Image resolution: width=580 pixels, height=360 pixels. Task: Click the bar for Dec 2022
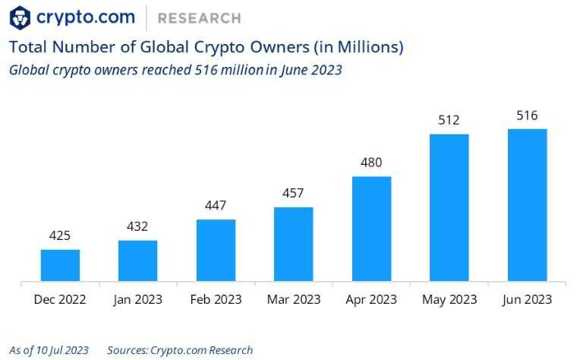[60, 265]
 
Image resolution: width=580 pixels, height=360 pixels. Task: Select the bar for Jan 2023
[137, 261]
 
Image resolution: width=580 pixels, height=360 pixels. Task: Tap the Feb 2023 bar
[216, 251]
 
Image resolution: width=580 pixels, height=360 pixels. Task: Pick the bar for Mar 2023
[293, 244]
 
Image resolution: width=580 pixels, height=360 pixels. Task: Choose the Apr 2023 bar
[371, 229]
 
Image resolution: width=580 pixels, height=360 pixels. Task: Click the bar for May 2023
[449, 207]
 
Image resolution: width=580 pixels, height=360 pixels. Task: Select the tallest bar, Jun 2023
[527, 205]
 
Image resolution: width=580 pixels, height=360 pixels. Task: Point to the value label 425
[60, 236]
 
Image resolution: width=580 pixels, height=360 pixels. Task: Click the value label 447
[216, 206]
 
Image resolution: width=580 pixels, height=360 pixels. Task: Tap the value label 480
[371, 163]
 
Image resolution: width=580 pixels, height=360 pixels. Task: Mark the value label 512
[449, 120]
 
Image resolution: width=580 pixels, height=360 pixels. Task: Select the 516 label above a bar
[527, 115]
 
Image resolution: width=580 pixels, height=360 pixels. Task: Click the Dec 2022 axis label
[60, 300]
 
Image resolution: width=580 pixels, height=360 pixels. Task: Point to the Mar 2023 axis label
[293, 300]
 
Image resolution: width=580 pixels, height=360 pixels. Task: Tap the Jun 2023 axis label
[527, 300]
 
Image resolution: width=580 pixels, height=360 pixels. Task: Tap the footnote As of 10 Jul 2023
[49, 350]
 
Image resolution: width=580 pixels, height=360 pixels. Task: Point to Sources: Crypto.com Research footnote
[180, 350]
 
